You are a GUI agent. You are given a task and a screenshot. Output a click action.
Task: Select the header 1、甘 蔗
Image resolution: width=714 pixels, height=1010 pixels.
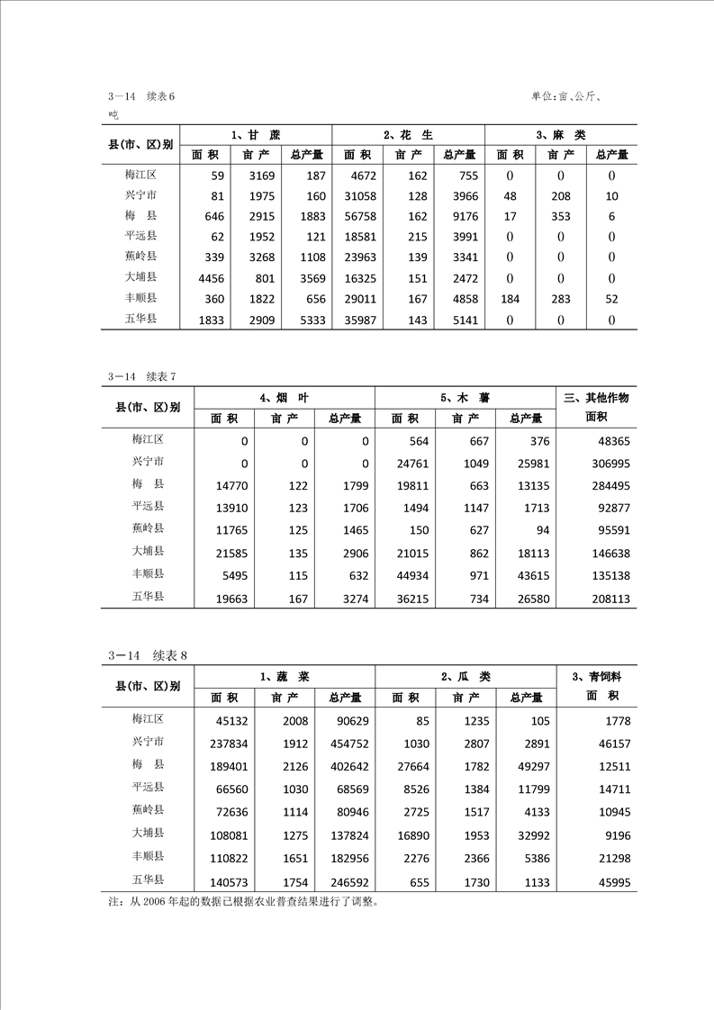pos(255,135)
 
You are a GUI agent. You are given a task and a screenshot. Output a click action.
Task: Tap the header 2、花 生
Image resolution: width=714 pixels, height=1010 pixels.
pos(408,135)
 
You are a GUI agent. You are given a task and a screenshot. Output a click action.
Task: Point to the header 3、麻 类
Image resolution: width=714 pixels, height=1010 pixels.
pos(561,135)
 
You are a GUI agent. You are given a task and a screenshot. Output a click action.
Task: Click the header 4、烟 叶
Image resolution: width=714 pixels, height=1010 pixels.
pos(284,397)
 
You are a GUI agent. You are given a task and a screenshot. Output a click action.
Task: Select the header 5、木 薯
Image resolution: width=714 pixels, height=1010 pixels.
pos(465,397)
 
